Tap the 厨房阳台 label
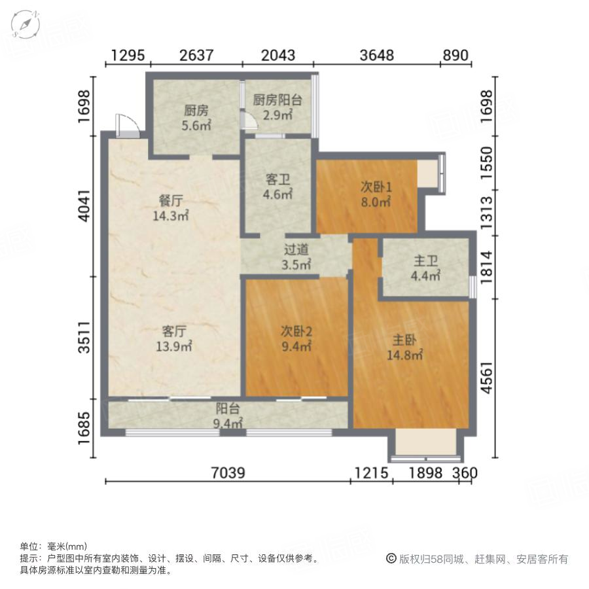coord(277,100)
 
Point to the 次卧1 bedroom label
coord(376,186)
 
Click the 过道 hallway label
coord(296,249)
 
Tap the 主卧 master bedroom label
coord(406,340)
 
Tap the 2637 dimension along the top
coord(196,56)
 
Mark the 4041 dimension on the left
coord(86,207)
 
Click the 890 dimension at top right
coord(455,56)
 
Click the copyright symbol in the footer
coord(391,559)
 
